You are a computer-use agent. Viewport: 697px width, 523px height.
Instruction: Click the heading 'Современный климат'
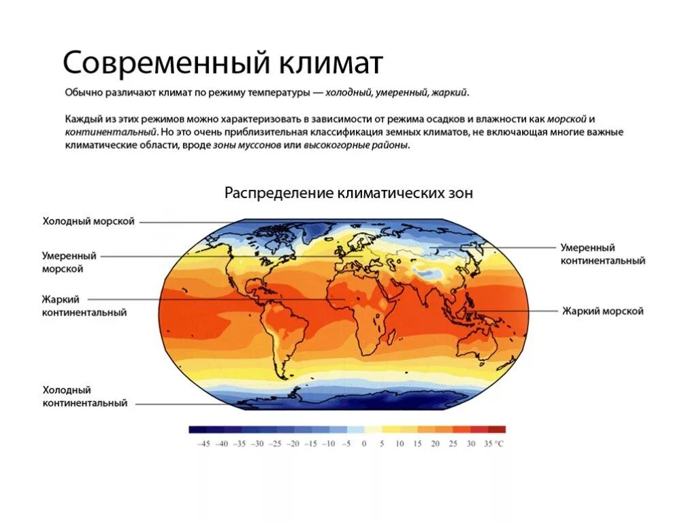click(x=223, y=63)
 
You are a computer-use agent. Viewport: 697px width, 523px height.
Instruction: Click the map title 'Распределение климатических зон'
click(x=348, y=193)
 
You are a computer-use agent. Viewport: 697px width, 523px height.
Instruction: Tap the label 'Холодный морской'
click(x=88, y=221)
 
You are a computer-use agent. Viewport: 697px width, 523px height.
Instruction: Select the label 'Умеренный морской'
click(x=69, y=262)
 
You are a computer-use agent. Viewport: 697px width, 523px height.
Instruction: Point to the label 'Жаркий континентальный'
click(x=84, y=306)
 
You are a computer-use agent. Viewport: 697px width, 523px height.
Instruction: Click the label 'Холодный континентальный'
click(x=85, y=397)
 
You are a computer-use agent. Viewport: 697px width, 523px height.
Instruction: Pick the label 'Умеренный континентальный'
click(x=602, y=254)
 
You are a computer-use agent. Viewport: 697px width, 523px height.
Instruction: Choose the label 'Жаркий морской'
click(x=603, y=311)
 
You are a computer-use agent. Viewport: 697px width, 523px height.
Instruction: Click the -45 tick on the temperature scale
click(x=203, y=444)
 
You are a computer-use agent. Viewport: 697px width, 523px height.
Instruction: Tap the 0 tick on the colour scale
click(x=364, y=444)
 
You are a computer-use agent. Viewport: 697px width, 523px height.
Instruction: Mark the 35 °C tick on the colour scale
click(x=494, y=444)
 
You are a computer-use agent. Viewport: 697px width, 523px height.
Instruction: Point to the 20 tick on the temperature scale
click(x=435, y=444)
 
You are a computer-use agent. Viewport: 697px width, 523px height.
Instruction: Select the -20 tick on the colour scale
click(x=293, y=444)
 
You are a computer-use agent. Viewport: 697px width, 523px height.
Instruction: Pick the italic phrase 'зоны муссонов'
click(x=247, y=146)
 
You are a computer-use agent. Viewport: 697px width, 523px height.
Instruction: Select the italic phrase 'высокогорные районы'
click(x=355, y=146)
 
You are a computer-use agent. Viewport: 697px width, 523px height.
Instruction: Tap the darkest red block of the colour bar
click(x=497, y=430)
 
